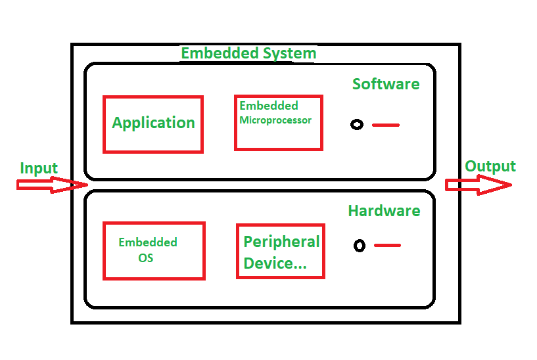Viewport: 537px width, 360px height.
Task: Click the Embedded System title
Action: pyautogui.click(x=248, y=53)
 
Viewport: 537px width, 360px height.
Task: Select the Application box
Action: pyautogui.click(x=153, y=125)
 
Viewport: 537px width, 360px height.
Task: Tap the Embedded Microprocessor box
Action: pyautogui.click(x=279, y=123)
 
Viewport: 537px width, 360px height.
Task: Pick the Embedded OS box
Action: pyautogui.click(x=154, y=251)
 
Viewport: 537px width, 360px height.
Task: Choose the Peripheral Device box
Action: pyautogui.click(x=281, y=251)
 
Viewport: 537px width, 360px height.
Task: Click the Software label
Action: pyautogui.click(x=386, y=84)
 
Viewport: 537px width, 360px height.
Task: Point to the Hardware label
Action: pyautogui.click(x=385, y=211)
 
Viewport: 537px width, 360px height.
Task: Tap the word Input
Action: pyautogui.click(x=39, y=168)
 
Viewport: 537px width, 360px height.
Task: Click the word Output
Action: pyautogui.click(x=490, y=166)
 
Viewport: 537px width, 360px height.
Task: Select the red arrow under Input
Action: pyautogui.click(x=53, y=185)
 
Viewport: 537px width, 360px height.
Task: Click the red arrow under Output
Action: pyautogui.click(x=479, y=185)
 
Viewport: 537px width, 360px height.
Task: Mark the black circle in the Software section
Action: pyautogui.click(x=357, y=125)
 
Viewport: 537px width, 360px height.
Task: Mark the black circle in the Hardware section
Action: pyautogui.click(x=360, y=245)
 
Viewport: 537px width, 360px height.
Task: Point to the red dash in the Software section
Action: pyautogui.click(x=386, y=125)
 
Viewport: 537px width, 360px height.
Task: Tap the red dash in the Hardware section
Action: pyautogui.click(x=387, y=245)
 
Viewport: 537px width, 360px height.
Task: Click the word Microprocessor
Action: pyautogui.click(x=275, y=120)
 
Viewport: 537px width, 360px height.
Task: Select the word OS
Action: pyautogui.click(x=145, y=258)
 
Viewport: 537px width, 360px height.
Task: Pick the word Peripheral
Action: pyautogui.click(x=281, y=242)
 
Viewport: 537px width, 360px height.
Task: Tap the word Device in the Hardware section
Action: pyautogui.click(x=268, y=263)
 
